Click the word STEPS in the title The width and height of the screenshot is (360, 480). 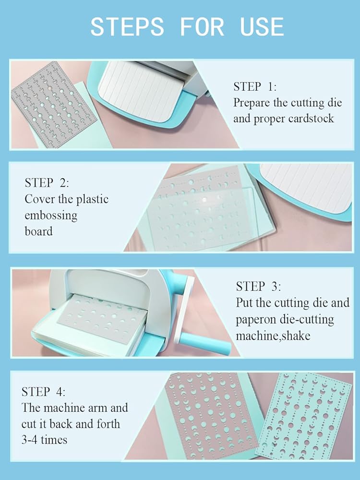tap(127, 26)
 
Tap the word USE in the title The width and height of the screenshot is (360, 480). tap(262, 26)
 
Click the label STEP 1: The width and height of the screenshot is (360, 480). tap(255, 86)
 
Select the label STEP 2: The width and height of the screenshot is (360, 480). tap(47, 183)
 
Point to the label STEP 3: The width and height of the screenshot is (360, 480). tap(258, 286)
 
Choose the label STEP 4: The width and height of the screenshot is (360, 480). tap(43, 392)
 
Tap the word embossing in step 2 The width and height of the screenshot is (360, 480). tap(51, 216)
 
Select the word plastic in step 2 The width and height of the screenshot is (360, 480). tap(92, 199)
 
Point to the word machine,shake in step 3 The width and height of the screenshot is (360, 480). tap(273, 336)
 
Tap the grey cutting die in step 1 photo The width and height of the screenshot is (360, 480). tap(55, 104)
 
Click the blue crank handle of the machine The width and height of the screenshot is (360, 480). tap(204, 344)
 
